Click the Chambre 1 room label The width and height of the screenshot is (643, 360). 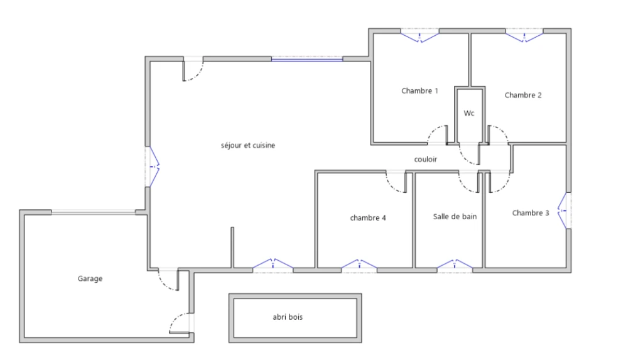click(x=419, y=90)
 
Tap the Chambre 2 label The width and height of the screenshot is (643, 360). click(x=523, y=95)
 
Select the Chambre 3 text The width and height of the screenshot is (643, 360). click(x=530, y=213)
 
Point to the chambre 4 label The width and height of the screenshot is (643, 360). click(x=368, y=218)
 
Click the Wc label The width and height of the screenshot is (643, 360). click(x=469, y=113)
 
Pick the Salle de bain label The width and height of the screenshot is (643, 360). click(x=455, y=217)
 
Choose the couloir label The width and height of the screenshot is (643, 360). click(x=426, y=160)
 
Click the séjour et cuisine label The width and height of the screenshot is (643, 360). click(x=247, y=145)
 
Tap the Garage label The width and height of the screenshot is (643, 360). click(x=90, y=279)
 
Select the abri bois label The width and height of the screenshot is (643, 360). click(x=288, y=317)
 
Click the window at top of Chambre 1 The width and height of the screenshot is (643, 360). click(x=419, y=36)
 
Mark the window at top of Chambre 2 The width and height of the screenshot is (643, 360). click(x=524, y=36)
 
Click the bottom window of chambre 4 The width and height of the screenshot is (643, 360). click(x=359, y=266)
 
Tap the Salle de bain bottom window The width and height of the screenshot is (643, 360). click(x=455, y=266)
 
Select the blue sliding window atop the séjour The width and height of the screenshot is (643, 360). click(x=306, y=60)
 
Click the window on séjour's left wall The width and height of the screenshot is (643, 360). click(x=153, y=166)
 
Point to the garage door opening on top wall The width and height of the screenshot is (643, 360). click(x=94, y=212)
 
